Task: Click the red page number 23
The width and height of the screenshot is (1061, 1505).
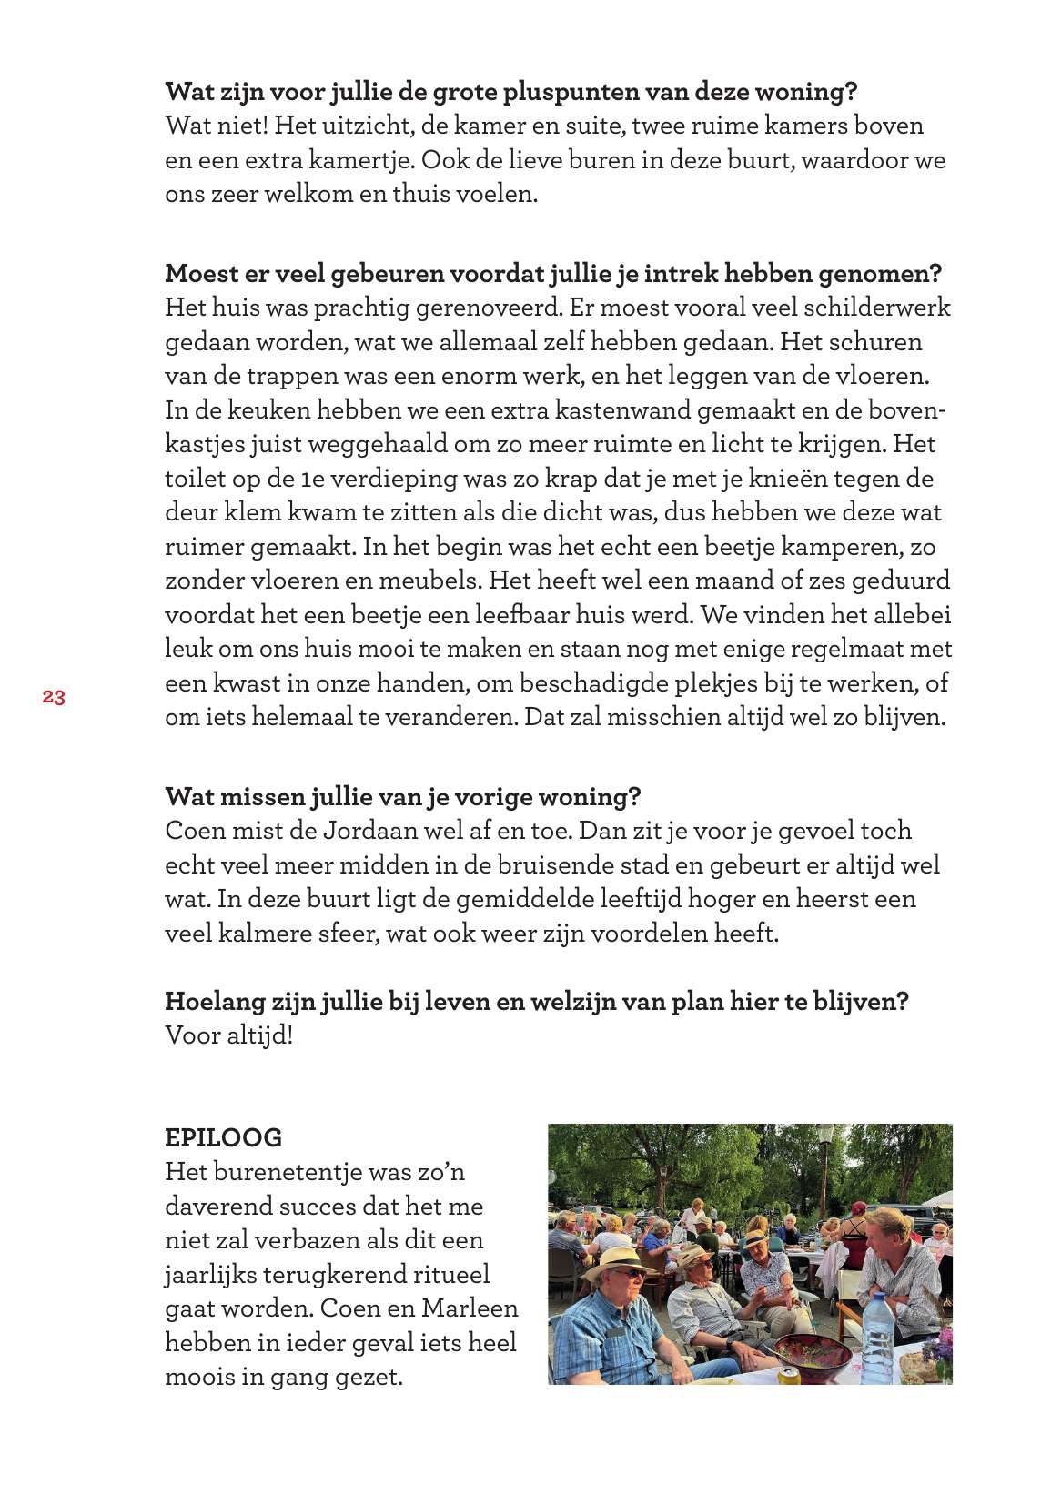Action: [54, 698]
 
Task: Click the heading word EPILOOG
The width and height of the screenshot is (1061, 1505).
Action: [223, 1137]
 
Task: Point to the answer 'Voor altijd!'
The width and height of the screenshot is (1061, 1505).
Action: [228, 1035]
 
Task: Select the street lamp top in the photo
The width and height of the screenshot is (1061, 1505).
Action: [825, 1135]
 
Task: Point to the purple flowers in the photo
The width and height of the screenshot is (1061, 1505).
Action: [943, 1343]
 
